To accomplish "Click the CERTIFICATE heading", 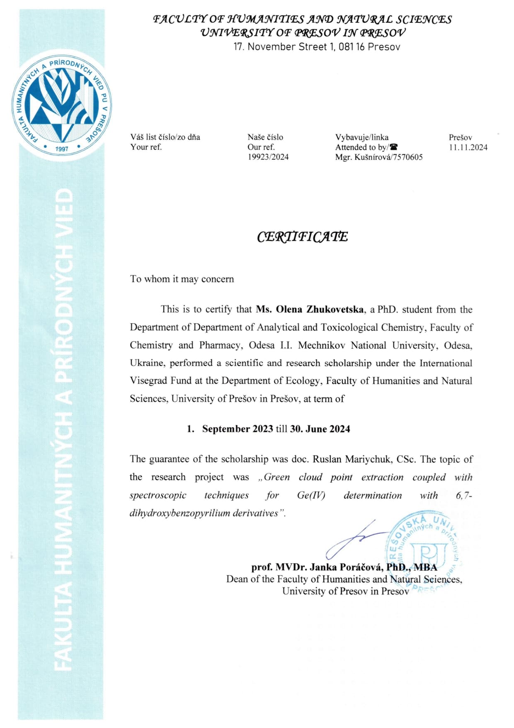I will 302,237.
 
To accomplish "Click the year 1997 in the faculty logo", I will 62,149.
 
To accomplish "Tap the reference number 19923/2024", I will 268,157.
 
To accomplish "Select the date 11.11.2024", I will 468,147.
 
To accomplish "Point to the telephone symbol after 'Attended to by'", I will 393,147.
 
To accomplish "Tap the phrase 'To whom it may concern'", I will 182,279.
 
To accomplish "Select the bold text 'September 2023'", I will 238,429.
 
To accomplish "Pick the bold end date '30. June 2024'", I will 320,429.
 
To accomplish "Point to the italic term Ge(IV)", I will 311,495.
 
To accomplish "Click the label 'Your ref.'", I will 146,147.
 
